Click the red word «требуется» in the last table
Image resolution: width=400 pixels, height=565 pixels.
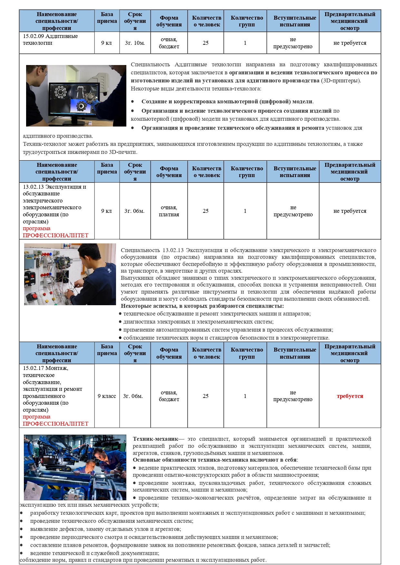coord(350,396)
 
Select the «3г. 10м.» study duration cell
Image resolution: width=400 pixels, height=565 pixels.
coord(135,43)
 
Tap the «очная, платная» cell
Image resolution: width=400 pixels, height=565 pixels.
coord(169,211)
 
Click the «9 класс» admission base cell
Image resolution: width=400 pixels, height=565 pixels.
coord(107,396)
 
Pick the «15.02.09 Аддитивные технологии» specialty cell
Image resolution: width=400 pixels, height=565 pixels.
coord(50,40)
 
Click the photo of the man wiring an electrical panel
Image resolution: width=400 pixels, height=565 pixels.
coord(70,274)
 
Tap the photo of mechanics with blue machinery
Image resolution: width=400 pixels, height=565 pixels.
coord(75,467)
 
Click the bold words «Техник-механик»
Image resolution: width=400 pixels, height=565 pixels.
coord(155,439)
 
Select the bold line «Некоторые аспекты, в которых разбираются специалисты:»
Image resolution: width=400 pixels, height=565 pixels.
coord(202,306)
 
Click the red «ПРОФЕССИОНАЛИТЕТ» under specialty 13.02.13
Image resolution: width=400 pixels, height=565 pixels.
coord(55,235)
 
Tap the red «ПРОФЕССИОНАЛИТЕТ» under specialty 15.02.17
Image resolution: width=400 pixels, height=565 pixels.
coord(55,424)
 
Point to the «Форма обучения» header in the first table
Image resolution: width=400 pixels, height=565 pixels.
coord(169,21)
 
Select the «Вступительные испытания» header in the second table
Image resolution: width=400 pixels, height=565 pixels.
coord(295,172)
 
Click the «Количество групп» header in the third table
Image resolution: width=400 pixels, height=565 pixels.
coord(247,353)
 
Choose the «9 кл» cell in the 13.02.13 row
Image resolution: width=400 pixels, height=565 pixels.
coord(106,211)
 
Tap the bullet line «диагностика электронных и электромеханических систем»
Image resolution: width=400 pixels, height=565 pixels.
coord(198,322)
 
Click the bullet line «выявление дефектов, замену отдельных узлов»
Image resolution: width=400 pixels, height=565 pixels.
coord(105,529)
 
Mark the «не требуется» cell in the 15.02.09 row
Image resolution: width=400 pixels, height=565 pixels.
coord(350,43)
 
